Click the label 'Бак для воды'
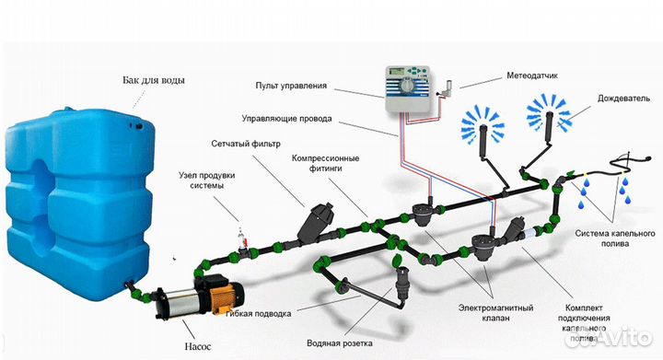point(153,80)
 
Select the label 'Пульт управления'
point(293,86)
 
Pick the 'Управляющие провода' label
point(286,119)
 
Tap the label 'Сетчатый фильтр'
point(246,144)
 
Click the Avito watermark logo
point(626,340)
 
